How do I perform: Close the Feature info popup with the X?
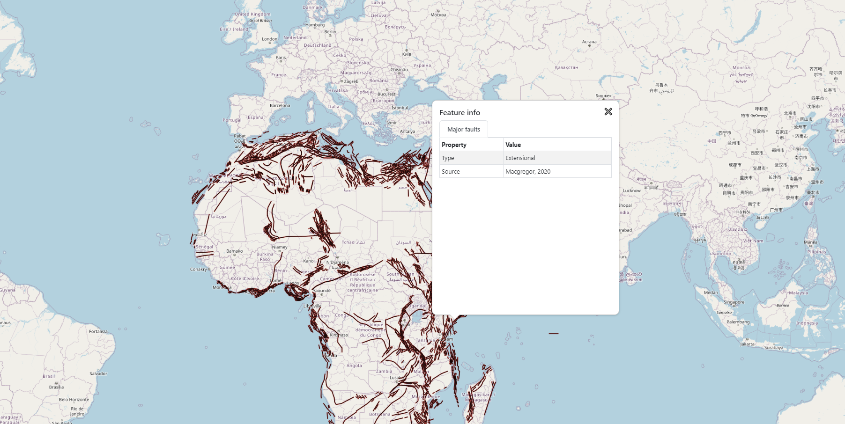point(608,112)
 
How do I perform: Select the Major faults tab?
point(463,130)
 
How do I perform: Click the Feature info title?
point(460,113)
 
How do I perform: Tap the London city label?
point(269,39)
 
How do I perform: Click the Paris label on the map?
point(281,58)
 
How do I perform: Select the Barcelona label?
point(280,106)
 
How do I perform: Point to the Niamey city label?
point(280,247)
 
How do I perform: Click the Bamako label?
point(234,251)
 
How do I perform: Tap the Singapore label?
point(734,302)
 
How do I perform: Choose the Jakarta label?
point(747,344)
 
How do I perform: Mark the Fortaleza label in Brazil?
point(98,331)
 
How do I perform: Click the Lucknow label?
point(631,190)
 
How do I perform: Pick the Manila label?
point(810,242)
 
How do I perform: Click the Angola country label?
point(354,366)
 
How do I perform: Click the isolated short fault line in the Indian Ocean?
point(554,334)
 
